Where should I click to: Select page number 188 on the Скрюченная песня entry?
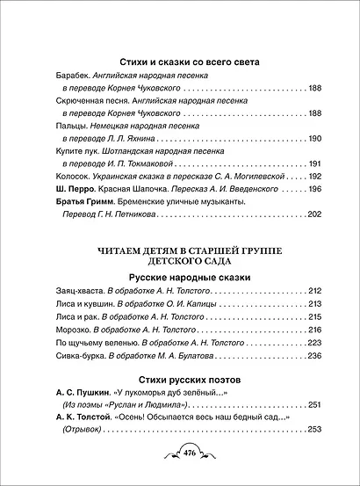tap(315, 113)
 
